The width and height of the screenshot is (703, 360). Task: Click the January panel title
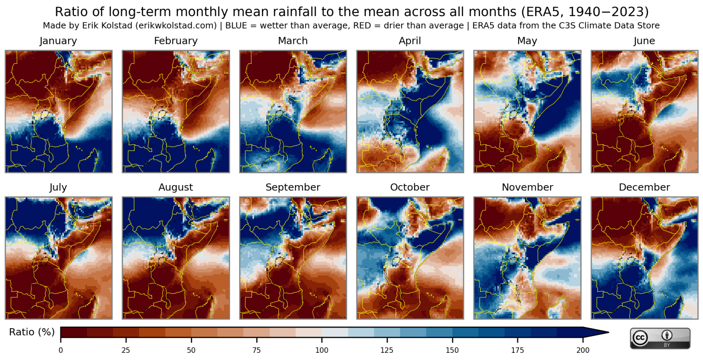pyautogui.click(x=58, y=41)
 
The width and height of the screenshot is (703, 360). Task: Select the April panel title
pyautogui.click(x=410, y=41)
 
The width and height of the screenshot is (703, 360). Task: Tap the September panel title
pyautogui.click(x=293, y=187)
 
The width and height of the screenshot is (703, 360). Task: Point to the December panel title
pyautogui.click(x=644, y=187)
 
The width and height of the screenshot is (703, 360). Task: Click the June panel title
pyautogui.click(x=644, y=41)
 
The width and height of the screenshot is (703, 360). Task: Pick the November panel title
pyautogui.click(x=527, y=187)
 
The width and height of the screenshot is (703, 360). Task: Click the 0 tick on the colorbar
pyautogui.click(x=61, y=350)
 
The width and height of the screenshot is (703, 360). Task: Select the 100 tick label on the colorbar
pyautogui.click(x=321, y=350)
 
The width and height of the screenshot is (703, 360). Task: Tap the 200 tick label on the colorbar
pyautogui.click(x=583, y=350)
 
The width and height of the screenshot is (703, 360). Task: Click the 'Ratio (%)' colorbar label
pyautogui.click(x=32, y=332)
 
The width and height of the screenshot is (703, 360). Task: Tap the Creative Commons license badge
pyautogui.click(x=660, y=338)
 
